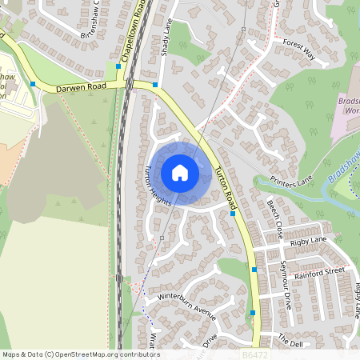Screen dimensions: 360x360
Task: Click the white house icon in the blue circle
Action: point(180,172)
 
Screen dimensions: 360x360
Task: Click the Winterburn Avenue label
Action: point(187,306)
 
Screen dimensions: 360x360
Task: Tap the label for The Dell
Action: point(290,342)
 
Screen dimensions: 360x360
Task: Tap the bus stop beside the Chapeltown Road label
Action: point(118,66)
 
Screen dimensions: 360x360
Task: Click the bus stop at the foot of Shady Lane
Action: point(155,85)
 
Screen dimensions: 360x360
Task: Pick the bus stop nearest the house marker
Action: point(232,213)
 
